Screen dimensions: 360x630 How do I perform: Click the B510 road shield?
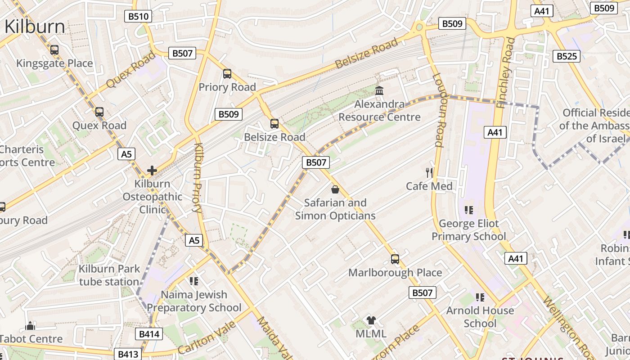click(x=138, y=17)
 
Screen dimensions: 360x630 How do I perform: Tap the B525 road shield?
click(x=566, y=56)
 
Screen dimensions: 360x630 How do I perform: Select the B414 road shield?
click(x=148, y=334)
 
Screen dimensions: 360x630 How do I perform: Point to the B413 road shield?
click(x=127, y=354)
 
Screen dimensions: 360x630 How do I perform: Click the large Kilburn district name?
click(x=35, y=27)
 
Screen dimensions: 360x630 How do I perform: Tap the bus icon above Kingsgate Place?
click(x=54, y=50)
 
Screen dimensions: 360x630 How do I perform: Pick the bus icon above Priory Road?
click(x=227, y=74)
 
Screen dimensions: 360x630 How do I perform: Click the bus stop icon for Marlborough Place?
click(x=395, y=259)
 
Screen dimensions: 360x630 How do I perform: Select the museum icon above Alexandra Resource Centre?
click(x=379, y=91)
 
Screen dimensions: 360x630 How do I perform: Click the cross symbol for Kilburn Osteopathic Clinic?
click(x=152, y=171)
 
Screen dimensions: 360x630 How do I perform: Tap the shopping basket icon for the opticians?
click(x=335, y=189)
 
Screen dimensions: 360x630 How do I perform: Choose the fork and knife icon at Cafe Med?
click(x=429, y=172)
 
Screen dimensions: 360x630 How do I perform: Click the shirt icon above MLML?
click(x=371, y=320)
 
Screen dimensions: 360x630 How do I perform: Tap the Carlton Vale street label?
click(x=207, y=337)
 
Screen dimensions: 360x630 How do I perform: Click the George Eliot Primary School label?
click(x=469, y=230)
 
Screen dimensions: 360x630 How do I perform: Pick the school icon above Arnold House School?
click(x=480, y=297)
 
